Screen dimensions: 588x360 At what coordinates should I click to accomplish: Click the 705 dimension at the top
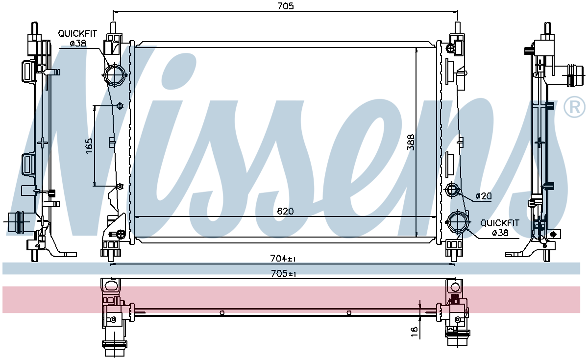pyautogui.click(x=286, y=6)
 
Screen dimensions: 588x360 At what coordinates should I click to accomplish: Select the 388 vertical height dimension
pyautogui.click(x=411, y=142)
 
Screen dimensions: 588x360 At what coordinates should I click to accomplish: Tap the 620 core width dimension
pyautogui.click(x=285, y=211)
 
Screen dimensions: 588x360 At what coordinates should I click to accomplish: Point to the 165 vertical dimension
pyautogui.click(x=89, y=146)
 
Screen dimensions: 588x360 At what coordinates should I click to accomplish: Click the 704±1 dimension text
pyautogui.click(x=283, y=259)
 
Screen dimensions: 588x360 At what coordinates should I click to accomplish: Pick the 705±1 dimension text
pyautogui.click(x=284, y=274)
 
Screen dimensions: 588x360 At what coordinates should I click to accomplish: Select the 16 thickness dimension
pyautogui.click(x=414, y=332)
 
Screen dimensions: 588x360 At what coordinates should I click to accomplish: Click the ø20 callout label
pyautogui.click(x=484, y=196)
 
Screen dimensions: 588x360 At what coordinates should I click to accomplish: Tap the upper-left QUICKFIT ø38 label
pyautogui.click(x=77, y=38)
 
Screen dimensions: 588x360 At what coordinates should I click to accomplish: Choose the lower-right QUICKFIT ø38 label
pyautogui.click(x=500, y=228)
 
